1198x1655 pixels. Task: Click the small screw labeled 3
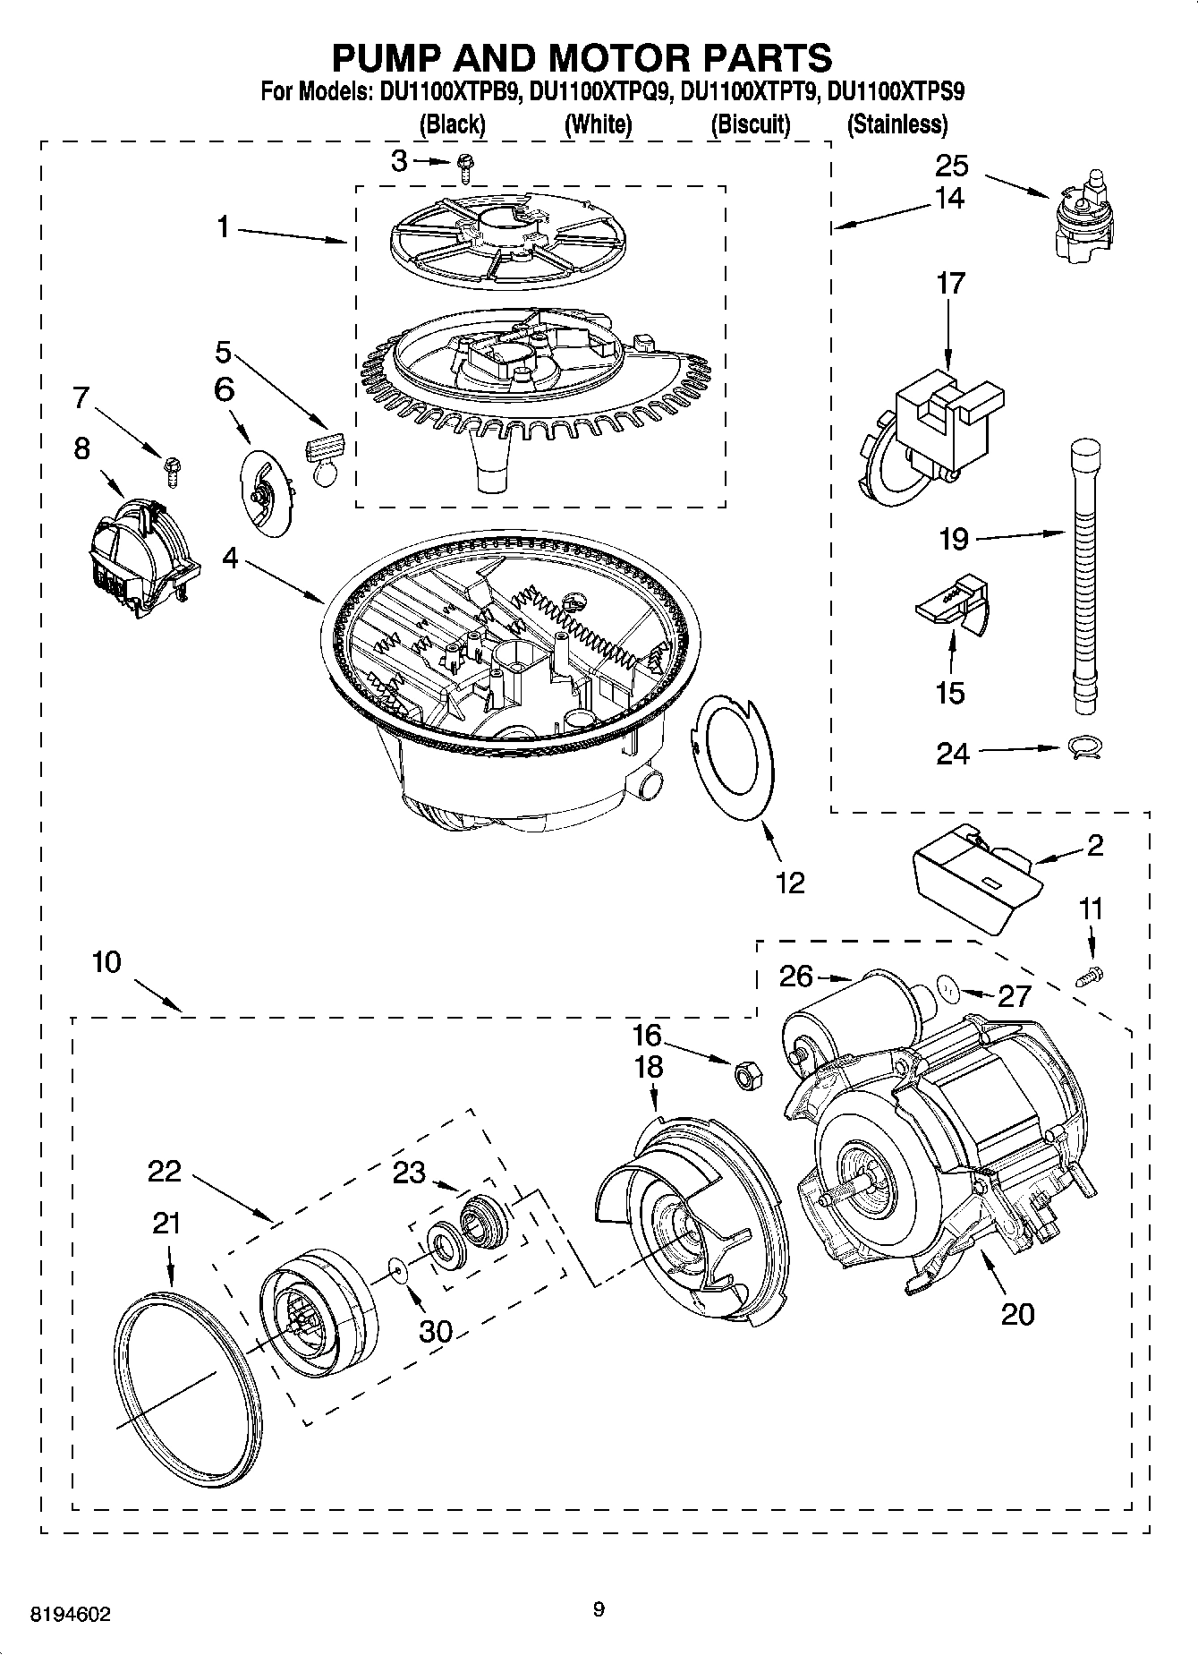coord(465,163)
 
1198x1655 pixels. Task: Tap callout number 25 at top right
coord(952,166)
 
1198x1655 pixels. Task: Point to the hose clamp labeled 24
coord(1085,747)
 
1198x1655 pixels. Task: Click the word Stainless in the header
coord(896,124)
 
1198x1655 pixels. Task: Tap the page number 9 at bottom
coord(599,1609)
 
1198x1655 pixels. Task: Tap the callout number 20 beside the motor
coord(1017,1313)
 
